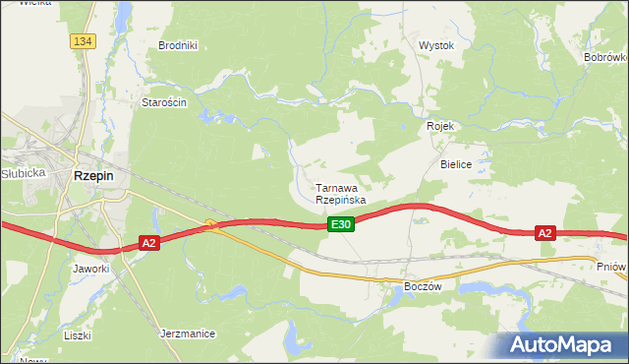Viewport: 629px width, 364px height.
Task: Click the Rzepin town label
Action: tap(93, 175)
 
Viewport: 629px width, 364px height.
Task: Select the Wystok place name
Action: tap(435, 45)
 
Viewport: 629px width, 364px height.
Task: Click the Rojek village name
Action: tap(438, 126)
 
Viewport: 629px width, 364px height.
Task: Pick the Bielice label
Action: tap(457, 164)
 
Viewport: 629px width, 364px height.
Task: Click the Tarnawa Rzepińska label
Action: tap(340, 193)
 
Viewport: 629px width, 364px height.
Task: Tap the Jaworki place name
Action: tap(89, 268)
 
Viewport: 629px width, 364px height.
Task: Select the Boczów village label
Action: tap(425, 285)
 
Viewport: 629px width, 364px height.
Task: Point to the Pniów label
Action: tap(610, 266)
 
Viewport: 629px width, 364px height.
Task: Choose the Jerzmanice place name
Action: tap(187, 334)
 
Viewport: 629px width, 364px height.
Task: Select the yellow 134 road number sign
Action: tap(83, 40)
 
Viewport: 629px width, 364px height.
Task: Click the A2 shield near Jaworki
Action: tap(148, 242)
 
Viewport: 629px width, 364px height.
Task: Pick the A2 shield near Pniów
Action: tap(545, 233)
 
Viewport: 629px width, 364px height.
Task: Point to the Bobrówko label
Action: tap(606, 58)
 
